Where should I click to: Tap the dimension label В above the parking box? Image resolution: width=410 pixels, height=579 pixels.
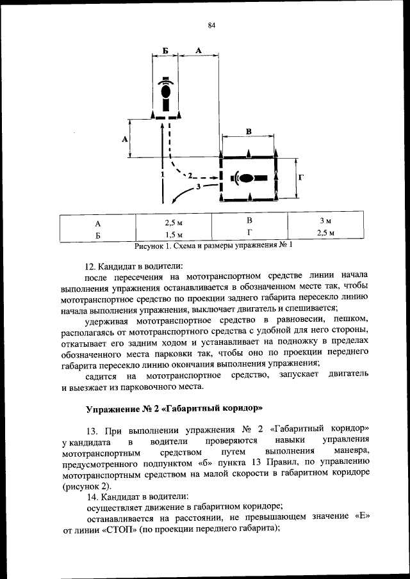click(x=249, y=131)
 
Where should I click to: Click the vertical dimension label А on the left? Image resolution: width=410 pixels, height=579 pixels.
click(x=125, y=138)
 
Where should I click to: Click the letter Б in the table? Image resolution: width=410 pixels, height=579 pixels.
click(x=98, y=235)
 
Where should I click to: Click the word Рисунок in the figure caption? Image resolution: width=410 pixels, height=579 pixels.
click(x=150, y=246)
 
